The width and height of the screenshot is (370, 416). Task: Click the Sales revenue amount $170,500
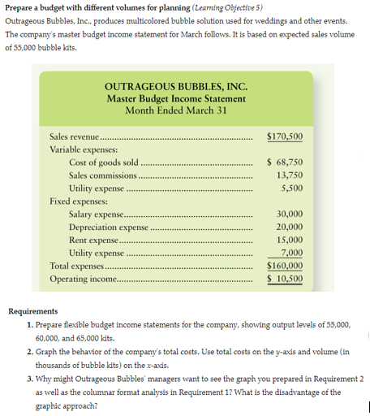(285, 136)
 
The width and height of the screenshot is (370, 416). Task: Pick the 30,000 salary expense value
(290, 214)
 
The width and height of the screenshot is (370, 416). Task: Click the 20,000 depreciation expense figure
(290, 227)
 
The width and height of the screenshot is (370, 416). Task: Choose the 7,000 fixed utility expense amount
(292, 253)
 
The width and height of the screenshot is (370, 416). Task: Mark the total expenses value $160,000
(285, 265)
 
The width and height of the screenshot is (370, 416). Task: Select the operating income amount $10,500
(285, 278)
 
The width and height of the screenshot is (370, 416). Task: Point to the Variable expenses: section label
(84, 149)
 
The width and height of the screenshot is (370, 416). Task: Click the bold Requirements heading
(33, 311)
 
